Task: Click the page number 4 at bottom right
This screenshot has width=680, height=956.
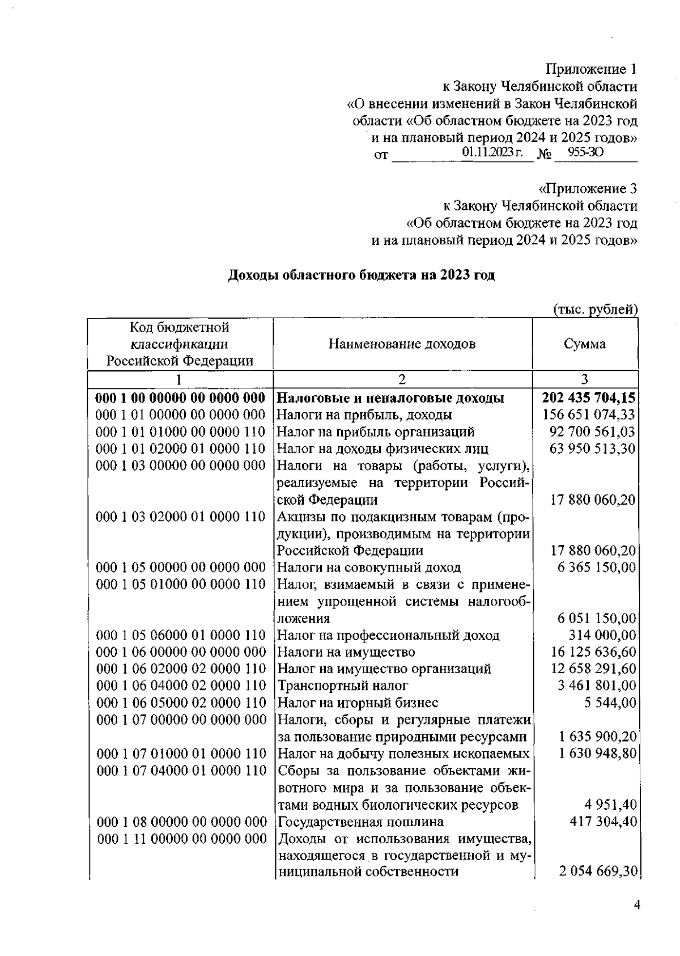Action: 637,906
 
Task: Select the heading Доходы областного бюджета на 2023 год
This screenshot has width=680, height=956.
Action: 362,276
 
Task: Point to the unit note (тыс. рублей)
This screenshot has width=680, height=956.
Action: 595,310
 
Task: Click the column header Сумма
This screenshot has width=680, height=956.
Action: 585,344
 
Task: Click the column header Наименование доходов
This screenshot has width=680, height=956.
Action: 402,344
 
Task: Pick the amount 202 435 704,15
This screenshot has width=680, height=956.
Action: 589,397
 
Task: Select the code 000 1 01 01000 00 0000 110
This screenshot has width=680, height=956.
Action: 181,432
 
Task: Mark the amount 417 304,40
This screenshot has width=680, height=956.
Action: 603,822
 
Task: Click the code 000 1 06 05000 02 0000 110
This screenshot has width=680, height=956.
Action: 181,703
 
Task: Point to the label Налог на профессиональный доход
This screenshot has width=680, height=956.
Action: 388,636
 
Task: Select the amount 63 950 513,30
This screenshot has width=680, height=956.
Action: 592,449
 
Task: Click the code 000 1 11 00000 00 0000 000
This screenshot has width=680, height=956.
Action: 181,839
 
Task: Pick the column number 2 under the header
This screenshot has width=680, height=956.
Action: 402,379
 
